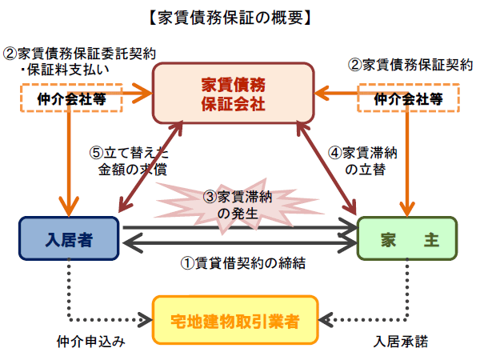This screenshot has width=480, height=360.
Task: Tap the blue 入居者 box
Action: pyautogui.click(x=69, y=238)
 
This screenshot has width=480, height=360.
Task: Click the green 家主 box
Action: pyautogui.click(x=409, y=238)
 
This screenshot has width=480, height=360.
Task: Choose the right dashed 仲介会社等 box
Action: pyautogui.click(x=409, y=99)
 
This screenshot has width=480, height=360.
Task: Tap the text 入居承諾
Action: pyautogui.click(x=400, y=342)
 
